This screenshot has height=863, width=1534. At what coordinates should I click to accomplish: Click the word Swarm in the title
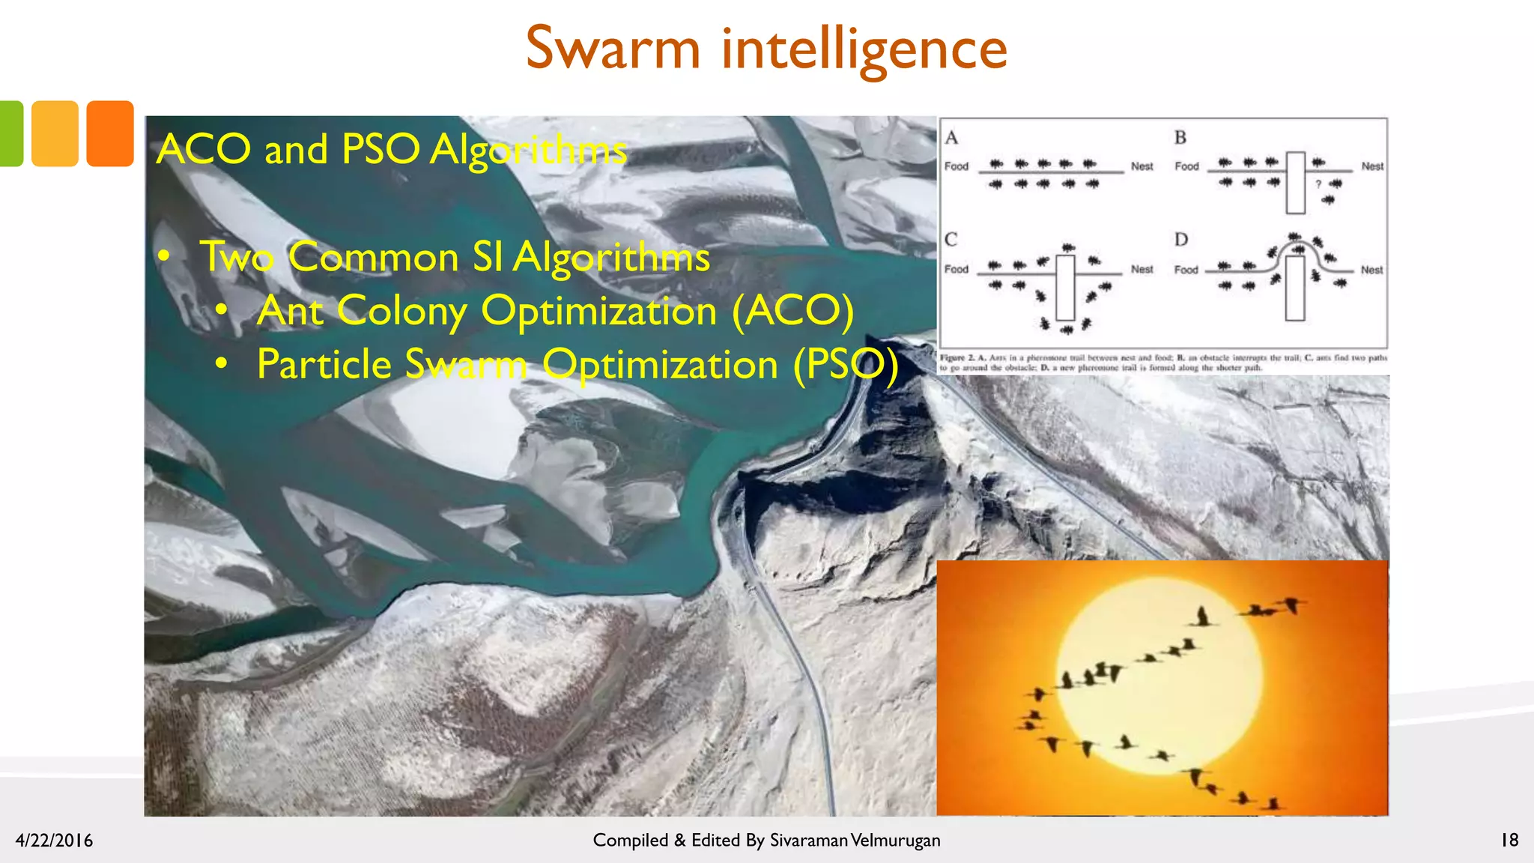613,49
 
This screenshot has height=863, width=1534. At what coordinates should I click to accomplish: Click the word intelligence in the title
864,50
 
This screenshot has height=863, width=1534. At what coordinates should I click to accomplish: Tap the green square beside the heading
10,133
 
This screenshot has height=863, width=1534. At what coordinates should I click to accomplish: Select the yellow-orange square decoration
55,133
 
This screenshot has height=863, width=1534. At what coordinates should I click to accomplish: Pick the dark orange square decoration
109,133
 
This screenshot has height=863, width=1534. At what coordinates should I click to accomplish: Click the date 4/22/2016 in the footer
54,841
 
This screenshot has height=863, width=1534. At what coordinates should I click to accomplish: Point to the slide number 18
1509,840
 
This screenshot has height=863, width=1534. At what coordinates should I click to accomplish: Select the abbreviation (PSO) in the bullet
846,365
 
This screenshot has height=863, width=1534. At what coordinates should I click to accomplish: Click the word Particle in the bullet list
324,365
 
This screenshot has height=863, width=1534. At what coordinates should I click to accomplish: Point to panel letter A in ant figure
951,138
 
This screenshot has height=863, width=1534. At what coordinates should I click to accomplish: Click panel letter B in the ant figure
1180,138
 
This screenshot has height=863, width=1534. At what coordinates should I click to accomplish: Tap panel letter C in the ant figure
951,240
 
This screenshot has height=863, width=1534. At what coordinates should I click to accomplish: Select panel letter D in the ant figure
1181,240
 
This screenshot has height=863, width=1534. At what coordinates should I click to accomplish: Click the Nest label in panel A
1142,166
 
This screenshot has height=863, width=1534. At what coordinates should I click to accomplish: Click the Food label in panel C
957,269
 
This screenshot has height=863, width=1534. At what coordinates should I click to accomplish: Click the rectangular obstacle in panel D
1295,288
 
